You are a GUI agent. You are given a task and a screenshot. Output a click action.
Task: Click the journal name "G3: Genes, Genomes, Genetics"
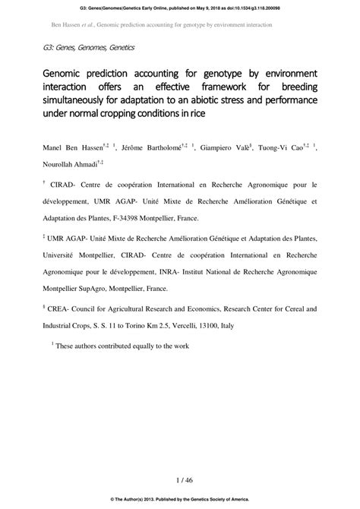click(89, 48)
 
